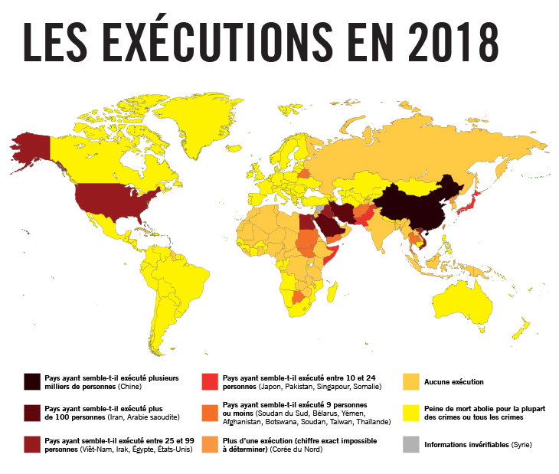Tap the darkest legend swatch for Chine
click(31, 381)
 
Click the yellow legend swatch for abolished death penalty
click(411, 413)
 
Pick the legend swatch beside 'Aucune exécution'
click(411, 381)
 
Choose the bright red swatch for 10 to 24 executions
click(209, 381)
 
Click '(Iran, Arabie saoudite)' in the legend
click(139, 417)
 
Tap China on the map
click(414, 207)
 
